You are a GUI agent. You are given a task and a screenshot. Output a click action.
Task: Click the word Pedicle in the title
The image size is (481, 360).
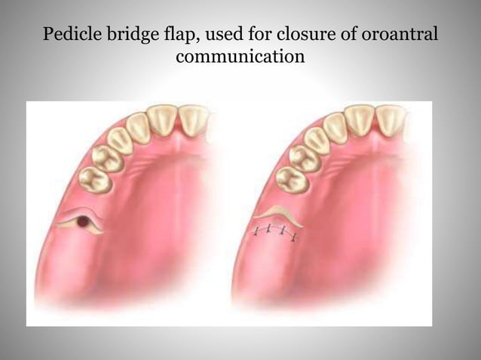pyautogui.click(x=69, y=35)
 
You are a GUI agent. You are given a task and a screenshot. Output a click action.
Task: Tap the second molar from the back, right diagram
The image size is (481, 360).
pyautogui.click(x=302, y=158)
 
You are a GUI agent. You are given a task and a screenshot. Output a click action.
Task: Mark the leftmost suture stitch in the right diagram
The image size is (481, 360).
pyautogui.click(x=256, y=229)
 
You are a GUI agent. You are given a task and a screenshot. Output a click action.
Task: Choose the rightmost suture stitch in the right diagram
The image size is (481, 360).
pyautogui.click(x=293, y=237)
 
